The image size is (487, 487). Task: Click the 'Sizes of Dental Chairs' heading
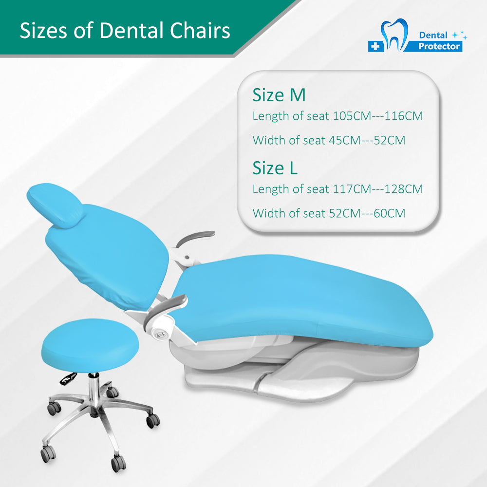click(125, 30)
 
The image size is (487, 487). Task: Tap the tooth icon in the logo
click(394, 34)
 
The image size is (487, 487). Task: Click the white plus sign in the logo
click(375, 46)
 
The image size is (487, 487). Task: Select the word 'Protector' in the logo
click(439, 46)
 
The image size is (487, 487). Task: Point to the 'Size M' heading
click(279, 95)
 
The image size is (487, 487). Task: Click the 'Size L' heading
click(275, 168)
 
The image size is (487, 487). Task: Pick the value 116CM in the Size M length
click(403, 116)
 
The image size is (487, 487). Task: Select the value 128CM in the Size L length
click(403, 189)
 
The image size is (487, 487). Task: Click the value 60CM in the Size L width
click(390, 213)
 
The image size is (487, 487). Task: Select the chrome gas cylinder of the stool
click(93, 392)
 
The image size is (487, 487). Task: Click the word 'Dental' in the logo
click(433, 35)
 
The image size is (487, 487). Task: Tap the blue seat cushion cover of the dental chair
click(303, 300)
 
